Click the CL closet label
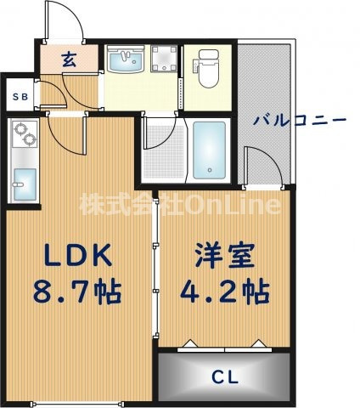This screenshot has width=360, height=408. (x=225, y=376)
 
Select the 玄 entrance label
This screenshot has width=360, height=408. (x=69, y=59)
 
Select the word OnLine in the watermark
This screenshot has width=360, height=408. (x=234, y=205)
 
